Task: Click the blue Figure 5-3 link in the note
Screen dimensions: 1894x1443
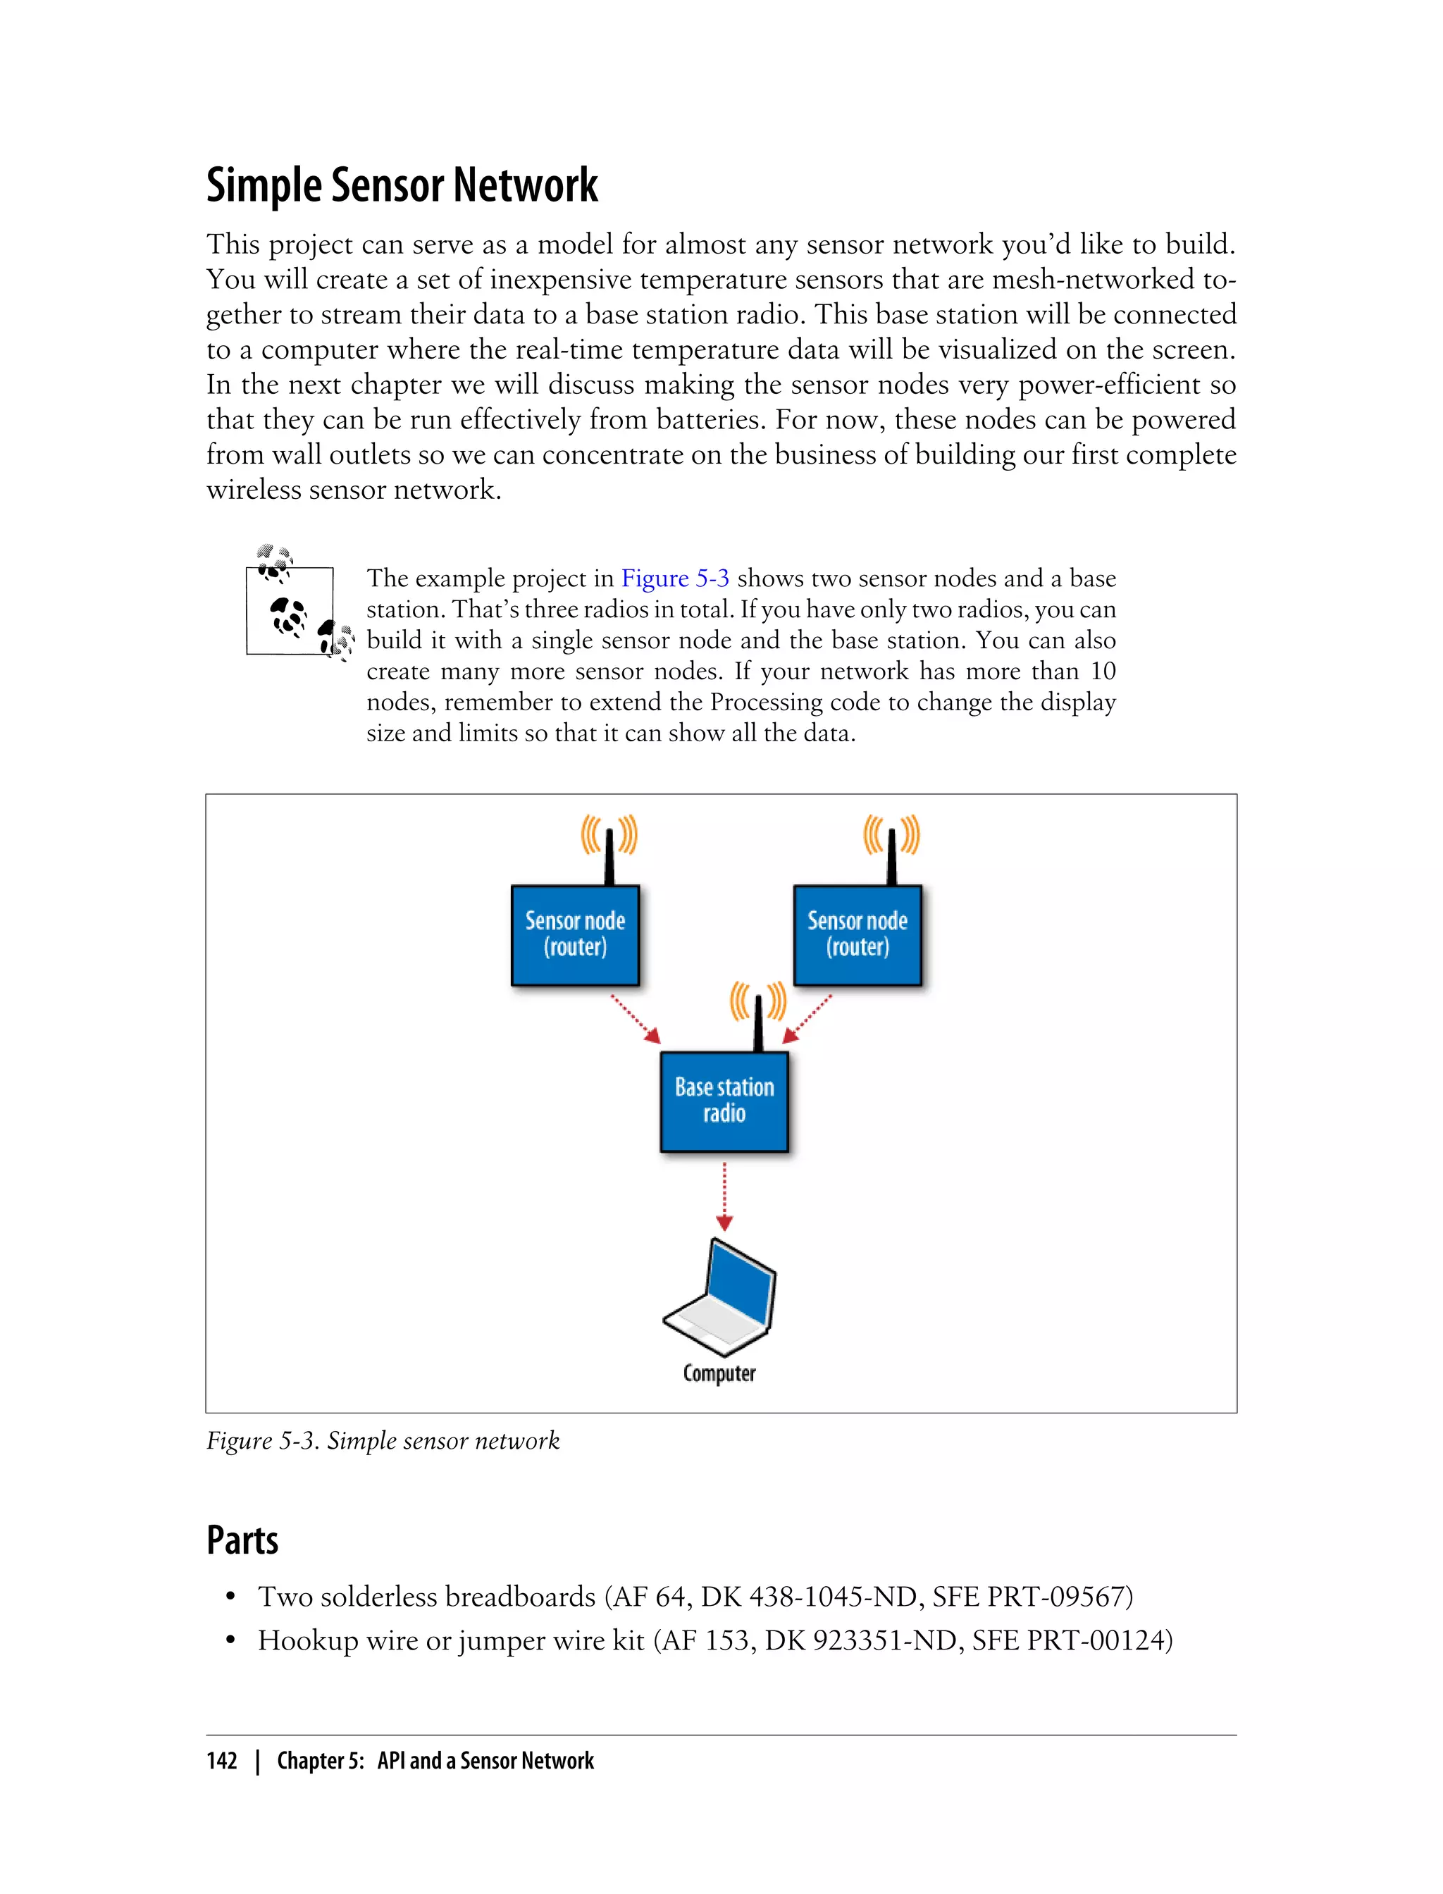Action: pos(674,578)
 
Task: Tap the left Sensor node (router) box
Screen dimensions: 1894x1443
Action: pos(575,934)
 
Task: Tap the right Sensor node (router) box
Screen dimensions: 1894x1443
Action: pos(857,934)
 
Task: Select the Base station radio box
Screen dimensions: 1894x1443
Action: pos(724,1101)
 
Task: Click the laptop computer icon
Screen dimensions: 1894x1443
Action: pos(721,1297)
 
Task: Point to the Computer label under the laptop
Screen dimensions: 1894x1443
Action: pos(719,1373)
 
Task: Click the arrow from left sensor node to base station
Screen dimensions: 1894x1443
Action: pos(636,1019)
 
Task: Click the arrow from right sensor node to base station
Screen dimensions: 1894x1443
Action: pos(807,1019)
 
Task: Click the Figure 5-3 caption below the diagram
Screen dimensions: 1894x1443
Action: pos(383,1440)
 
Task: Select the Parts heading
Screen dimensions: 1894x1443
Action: pos(242,1540)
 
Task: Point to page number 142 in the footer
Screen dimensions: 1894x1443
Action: pos(222,1761)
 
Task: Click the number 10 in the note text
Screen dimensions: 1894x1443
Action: pos(1102,671)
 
